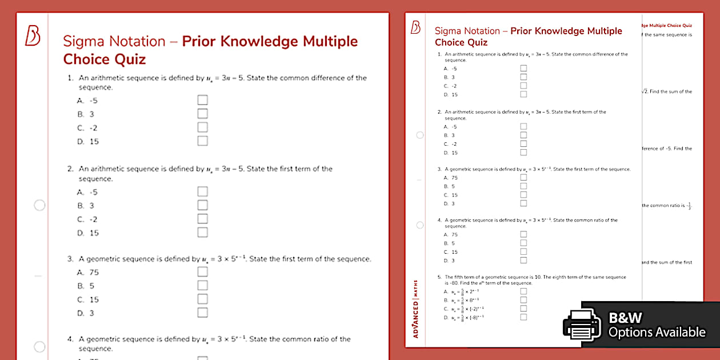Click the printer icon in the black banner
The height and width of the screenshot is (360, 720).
[582, 325]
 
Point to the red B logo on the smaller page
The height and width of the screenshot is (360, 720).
[415, 27]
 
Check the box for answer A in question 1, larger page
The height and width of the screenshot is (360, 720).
[202, 101]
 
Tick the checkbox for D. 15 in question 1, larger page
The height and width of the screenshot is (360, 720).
[202, 141]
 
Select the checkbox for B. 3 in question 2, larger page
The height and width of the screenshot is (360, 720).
[202, 205]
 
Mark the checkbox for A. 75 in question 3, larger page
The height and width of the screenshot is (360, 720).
[202, 272]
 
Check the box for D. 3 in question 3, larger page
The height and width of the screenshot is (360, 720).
[202, 313]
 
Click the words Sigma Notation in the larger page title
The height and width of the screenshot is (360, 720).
[114, 41]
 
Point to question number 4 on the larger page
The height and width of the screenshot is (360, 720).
[70, 339]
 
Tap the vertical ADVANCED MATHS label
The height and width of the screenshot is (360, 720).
[415, 308]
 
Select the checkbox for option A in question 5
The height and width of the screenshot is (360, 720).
[523, 291]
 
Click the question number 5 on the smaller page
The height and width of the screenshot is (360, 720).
[439, 277]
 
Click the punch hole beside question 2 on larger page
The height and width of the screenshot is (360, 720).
[39, 205]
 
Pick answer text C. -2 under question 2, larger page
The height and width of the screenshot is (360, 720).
[87, 219]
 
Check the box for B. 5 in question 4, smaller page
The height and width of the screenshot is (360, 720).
[523, 243]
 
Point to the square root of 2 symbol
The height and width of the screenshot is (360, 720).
[644, 91]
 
